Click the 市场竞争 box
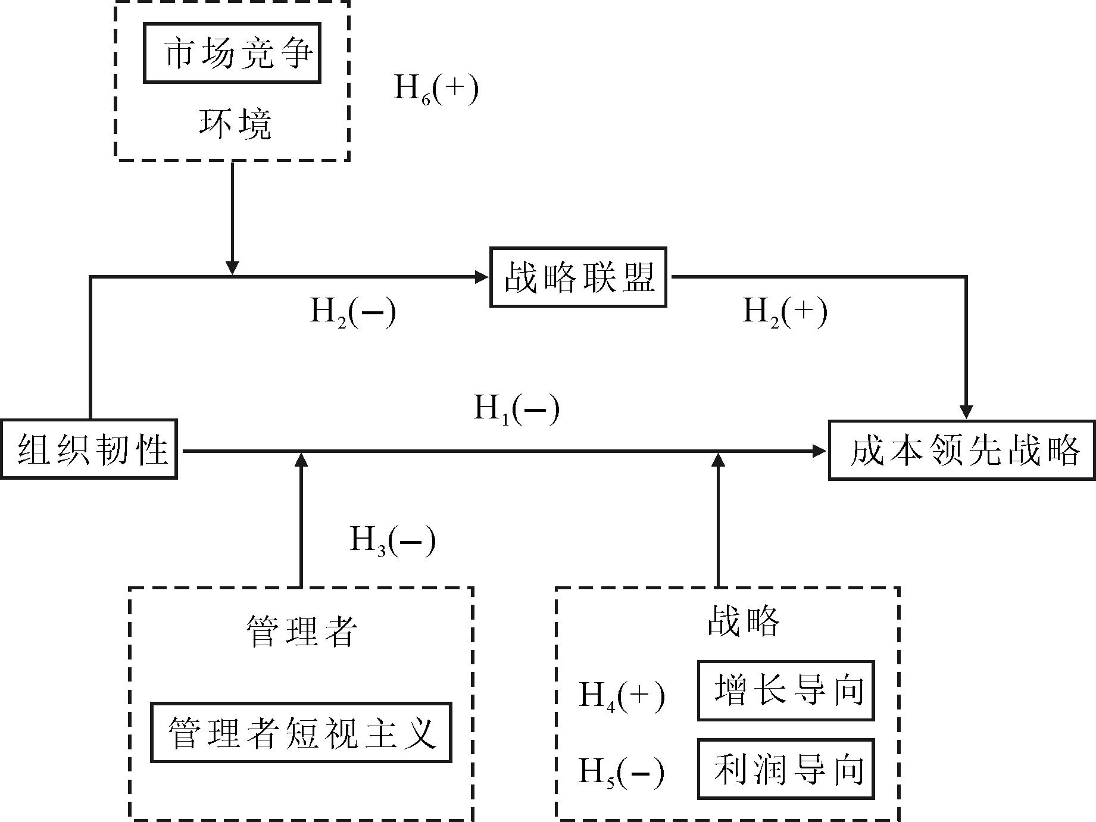232,53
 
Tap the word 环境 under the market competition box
235,124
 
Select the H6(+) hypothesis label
436,89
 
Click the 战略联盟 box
578,277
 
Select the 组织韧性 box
89,449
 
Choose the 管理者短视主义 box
301,732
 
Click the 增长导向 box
786,691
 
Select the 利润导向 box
786,769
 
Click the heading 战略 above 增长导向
744,623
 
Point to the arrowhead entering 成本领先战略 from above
966,412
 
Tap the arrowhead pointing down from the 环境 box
233,268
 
